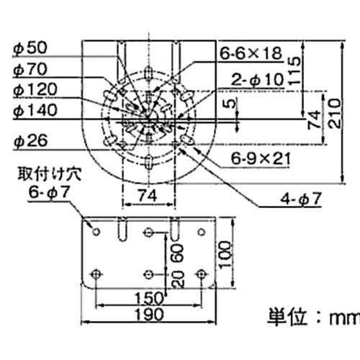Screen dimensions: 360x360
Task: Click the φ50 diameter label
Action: [x=30, y=48]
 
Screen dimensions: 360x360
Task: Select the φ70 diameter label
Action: [x=30, y=70]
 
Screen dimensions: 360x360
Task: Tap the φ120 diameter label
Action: [x=35, y=90]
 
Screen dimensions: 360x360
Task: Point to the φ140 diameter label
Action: [x=35, y=110]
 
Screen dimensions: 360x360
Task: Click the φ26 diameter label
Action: [x=30, y=140]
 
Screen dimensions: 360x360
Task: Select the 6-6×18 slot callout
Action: [x=251, y=53]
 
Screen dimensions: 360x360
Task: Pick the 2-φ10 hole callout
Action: [x=257, y=79]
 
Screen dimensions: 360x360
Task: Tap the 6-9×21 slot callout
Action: [x=261, y=158]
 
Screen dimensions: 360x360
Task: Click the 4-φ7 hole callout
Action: [x=300, y=199]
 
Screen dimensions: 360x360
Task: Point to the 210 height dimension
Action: [x=334, y=113]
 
